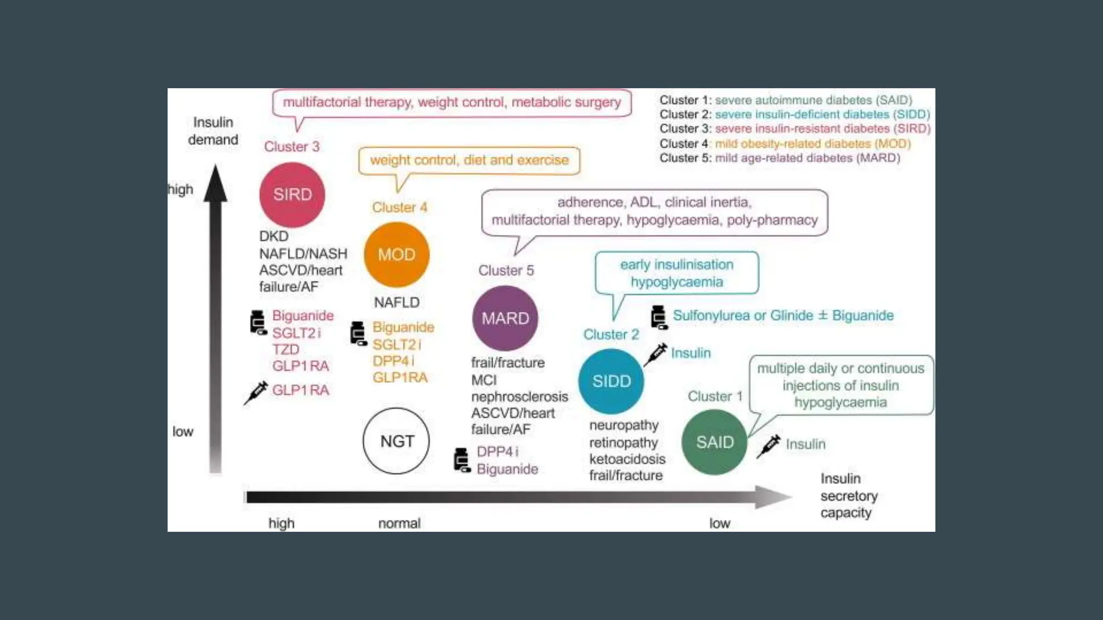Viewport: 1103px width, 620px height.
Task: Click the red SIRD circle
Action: point(292,195)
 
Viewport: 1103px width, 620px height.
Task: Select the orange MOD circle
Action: point(397,255)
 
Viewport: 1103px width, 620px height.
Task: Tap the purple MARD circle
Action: point(505,318)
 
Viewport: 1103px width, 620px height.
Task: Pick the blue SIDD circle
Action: point(611,381)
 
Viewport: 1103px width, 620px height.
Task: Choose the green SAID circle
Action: point(715,442)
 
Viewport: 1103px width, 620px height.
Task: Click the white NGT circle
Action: point(397,441)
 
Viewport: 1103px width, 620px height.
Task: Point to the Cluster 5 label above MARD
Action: point(506,270)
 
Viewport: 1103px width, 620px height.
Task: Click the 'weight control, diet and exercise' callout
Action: point(469,160)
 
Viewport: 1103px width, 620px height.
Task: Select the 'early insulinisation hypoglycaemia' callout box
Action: point(676,273)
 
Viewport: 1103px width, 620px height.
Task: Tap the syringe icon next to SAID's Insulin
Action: point(769,446)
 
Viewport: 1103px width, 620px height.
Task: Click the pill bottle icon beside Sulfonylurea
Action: point(659,316)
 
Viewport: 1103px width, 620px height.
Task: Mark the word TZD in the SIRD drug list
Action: point(285,350)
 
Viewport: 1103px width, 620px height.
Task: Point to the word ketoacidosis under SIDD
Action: point(627,459)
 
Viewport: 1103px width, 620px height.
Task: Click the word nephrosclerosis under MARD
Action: point(519,397)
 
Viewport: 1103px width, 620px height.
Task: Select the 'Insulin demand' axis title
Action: point(213,131)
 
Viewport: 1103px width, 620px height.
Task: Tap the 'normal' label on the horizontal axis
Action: point(399,523)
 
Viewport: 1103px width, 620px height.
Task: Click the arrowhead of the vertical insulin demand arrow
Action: point(215,183)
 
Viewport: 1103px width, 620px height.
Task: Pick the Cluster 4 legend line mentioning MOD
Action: point(785,144)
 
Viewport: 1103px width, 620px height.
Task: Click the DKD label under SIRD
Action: point(274,236)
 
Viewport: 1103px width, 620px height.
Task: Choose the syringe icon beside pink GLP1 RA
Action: point(256,392)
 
